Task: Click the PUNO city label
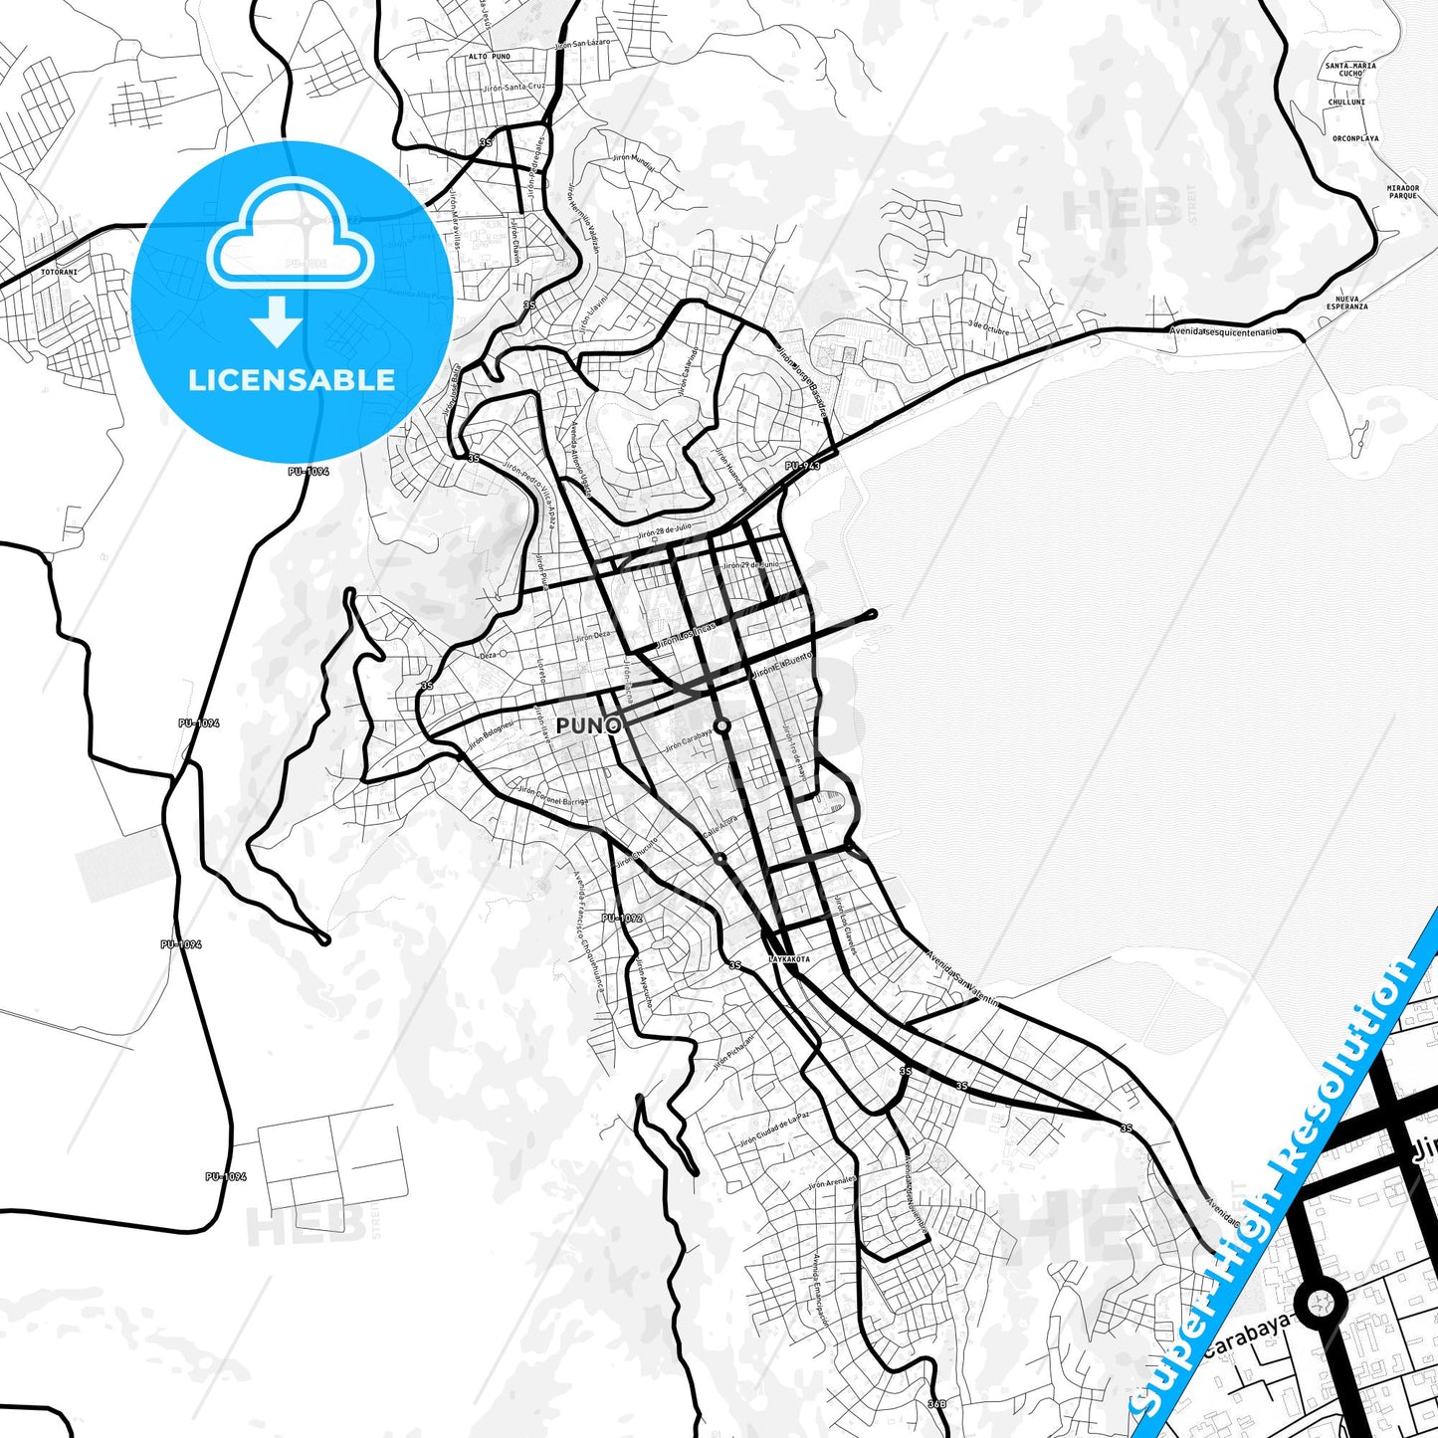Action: tap(588, 725)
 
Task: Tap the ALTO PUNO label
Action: tap(490, 57)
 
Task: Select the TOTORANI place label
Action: tap(60, 271)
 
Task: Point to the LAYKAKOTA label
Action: tap(789, 959)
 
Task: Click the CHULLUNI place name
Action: tap(1346, 103)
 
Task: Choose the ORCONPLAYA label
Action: tap(1355, 138)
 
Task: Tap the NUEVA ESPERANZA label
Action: tap(1351, 303)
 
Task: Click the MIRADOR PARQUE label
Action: tap(1402, 191)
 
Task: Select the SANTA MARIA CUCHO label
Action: tap(1350, 70)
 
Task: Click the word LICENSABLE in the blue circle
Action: tap(292, 379)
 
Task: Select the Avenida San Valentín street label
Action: tap(962, 980)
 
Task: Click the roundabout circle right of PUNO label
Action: tap(722, 726)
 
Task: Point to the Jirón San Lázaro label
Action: tap(582, 45)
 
